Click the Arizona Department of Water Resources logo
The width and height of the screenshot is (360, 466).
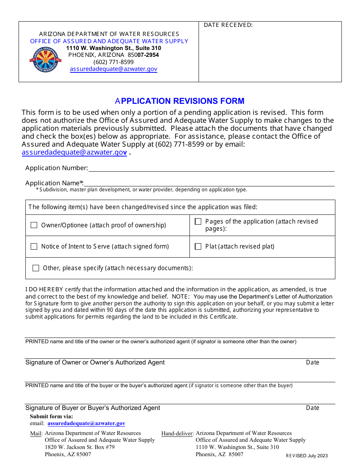pyautogui.click(x=45, y=60)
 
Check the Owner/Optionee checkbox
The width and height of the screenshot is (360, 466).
pyautogui.click(x=34, y=225)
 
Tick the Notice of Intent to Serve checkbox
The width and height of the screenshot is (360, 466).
pyautogui.click(x=34, y=246)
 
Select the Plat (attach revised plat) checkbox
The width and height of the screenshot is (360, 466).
pyautogui.click(x=198, y=246)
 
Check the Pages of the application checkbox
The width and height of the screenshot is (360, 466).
pyautogui.click(x=198, y=222)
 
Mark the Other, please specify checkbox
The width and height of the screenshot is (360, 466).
pyautogui.click(x=36, y=268)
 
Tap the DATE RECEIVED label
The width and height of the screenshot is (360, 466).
pyautogui.click(x=228, y=25)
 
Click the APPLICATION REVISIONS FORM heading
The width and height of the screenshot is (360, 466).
pyautogui.click(x=180, y=101)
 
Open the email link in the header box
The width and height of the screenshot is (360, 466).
pyautogui.click(x=113, y=69)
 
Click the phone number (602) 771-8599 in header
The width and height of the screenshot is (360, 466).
pyautogui.click(x=113, y=62)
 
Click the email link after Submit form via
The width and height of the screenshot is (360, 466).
pyautogui.click(x=86, y=423)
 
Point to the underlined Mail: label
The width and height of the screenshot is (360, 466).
pyautogui.click(x=36, y=433)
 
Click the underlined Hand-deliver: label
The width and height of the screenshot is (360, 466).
pyautogui.click(x=177, y=433)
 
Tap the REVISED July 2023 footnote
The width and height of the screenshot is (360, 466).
pyautogui.click(x=307, y=456)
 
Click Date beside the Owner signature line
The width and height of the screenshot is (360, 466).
pyautogui.click(x=313, y=362)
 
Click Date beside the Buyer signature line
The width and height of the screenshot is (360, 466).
pyautogui.click(x=313, y=408)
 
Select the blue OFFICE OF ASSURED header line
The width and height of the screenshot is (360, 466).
pyautogui.click(x=109, y=41)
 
